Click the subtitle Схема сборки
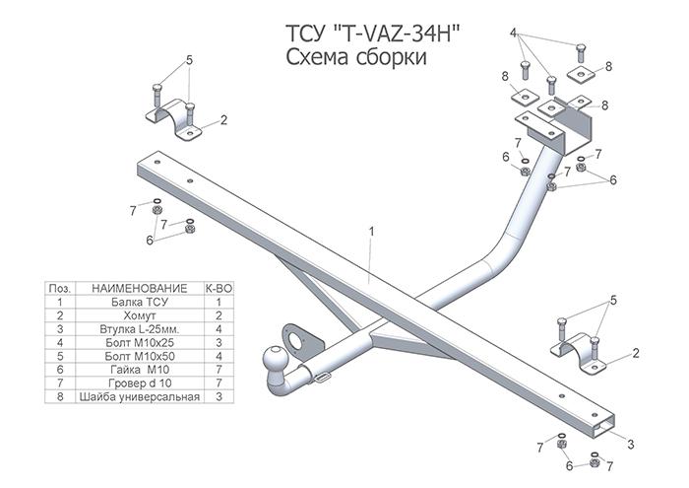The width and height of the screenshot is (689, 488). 355,58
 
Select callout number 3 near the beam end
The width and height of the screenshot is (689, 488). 630,445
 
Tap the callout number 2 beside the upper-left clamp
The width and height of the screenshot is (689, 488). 224,120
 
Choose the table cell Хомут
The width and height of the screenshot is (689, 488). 130,316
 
